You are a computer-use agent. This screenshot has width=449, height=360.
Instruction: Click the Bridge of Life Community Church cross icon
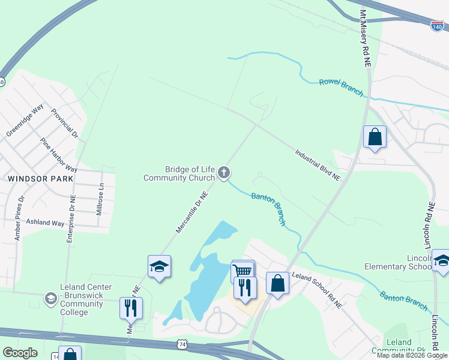coord(224,173)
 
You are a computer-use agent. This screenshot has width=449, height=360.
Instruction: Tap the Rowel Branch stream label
coord(341,86)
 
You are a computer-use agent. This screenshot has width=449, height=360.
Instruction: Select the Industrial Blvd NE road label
coord(318,165)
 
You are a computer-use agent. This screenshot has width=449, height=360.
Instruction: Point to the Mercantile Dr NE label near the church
coord(191,212)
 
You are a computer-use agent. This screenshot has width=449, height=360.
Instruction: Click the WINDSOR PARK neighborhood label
coord(40,179)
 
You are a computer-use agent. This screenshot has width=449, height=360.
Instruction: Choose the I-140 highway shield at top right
coord(438,26)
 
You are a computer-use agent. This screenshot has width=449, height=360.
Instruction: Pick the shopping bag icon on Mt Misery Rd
coord(375,136)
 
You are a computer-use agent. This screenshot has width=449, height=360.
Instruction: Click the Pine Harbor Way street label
coord(58,155)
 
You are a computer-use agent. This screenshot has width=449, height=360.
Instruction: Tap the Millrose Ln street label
coord(101,199)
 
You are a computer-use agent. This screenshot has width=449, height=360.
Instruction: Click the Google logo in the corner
coord(20,353)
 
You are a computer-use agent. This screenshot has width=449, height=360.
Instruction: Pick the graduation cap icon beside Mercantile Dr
coord(159,266)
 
